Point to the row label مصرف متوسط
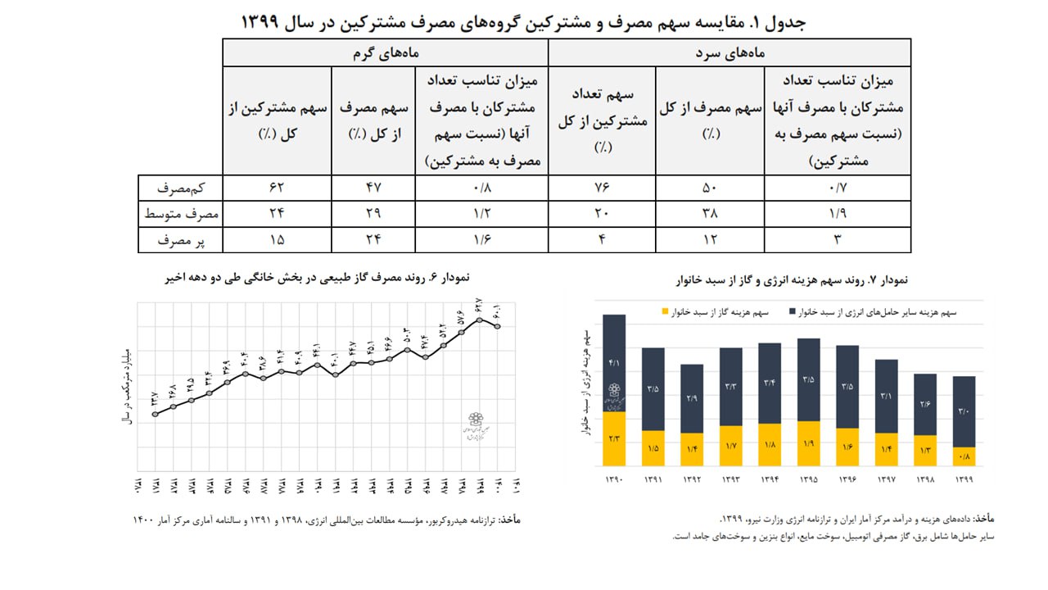tap(180, 214)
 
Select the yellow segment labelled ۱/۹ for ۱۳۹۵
tap(809, 443)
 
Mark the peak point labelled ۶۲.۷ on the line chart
tap(480, 318)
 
